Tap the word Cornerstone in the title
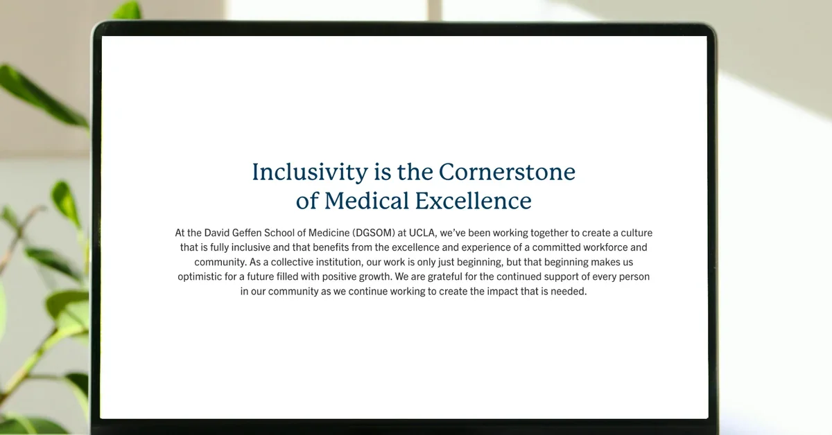point(507,172)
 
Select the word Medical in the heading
point(367,201)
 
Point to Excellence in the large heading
point(473,201)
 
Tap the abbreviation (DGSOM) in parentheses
point(374,233)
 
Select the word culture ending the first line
point(636,233)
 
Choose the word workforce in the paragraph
point(605,247)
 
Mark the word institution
point(339,262)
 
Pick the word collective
point(293,262)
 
